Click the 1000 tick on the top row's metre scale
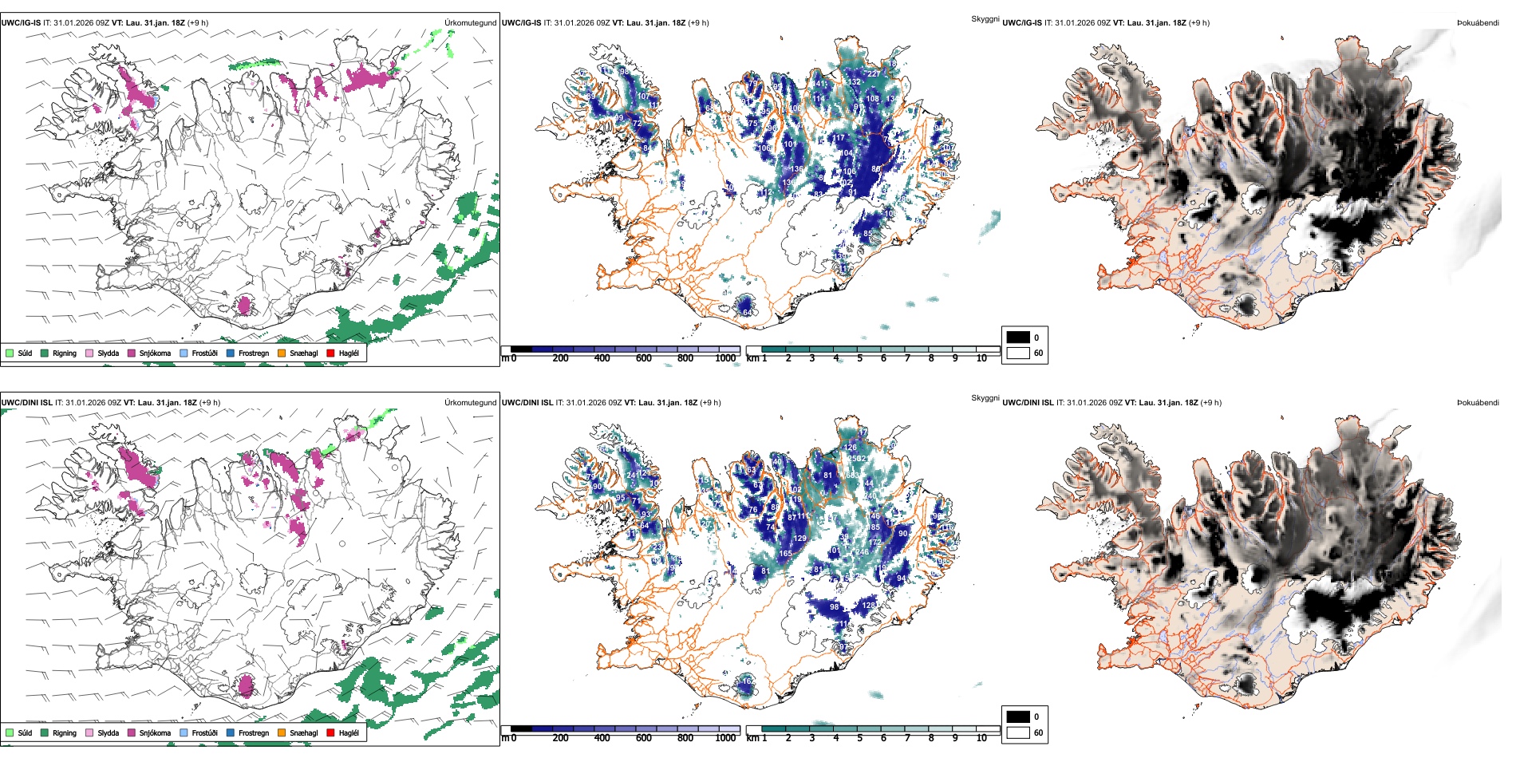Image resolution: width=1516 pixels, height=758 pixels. [x=725, y=358]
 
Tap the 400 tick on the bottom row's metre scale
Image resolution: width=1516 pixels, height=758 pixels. [x=602, y=738]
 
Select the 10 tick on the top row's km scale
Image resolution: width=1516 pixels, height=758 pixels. [x=981, y=358]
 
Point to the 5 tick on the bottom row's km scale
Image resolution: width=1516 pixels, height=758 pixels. [x=859, y=738]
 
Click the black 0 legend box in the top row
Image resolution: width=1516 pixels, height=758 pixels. [x=1018, y=338]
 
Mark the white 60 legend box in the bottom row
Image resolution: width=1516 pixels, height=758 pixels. [x=1018, y=732]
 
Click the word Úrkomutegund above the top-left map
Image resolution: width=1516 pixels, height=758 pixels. [x=470, y=23]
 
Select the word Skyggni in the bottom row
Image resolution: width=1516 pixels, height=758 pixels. [x=985, y=398]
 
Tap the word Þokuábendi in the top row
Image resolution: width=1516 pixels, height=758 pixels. [x=1478, y=23]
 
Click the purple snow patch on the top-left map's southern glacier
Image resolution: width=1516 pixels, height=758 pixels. [x=244, y=305]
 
